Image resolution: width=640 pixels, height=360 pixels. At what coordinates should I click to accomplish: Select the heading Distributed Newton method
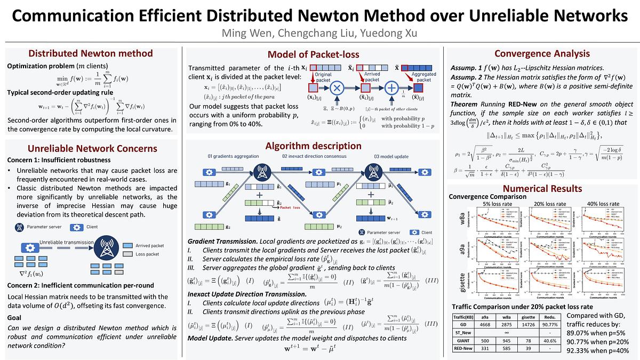(90, 54)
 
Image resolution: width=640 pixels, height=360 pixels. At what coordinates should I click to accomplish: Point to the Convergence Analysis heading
(542, 53)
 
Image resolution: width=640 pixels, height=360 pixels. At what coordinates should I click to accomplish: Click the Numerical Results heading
(542, 188)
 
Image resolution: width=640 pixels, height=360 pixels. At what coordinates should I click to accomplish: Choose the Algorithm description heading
(313, 146)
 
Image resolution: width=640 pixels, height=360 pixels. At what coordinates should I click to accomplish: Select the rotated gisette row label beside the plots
(463, 283)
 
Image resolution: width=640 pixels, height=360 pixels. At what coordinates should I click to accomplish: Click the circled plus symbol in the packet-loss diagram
(393, 87)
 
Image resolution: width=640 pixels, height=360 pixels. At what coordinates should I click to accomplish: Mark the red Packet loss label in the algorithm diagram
(292, 207)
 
